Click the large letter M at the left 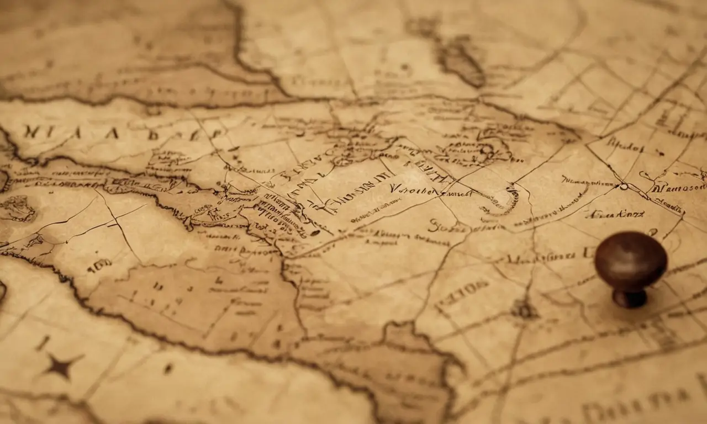point(31,132)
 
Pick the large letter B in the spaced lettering point(152,134)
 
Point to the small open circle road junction point(624,187)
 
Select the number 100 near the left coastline point(100,267)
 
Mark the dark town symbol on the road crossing point(523,309)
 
